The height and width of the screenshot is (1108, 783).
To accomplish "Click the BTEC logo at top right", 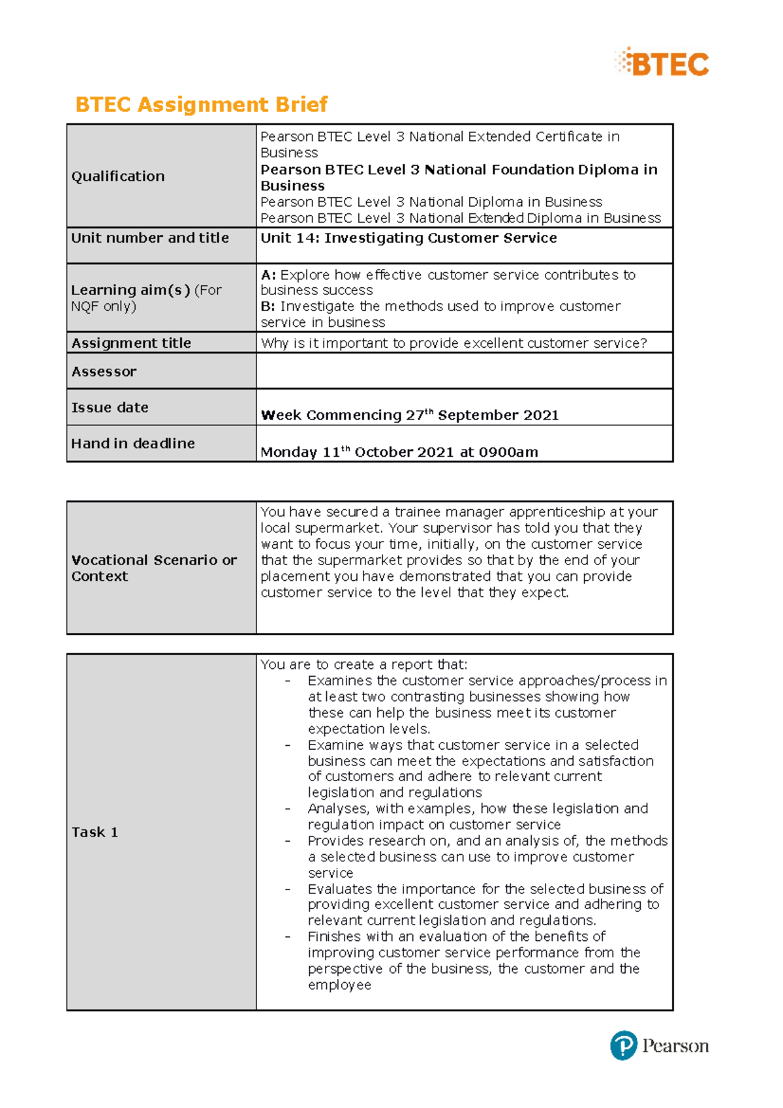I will tap(662, 63).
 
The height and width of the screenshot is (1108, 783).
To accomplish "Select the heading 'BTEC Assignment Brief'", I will tap(201, 104).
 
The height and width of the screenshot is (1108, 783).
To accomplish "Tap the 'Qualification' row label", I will tap(118, 176).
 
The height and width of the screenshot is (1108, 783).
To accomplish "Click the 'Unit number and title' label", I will tap(150, 238).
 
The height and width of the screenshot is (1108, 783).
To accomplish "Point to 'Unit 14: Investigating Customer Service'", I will tap(408, 238).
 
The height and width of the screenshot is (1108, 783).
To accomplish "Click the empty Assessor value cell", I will tap(463, 371).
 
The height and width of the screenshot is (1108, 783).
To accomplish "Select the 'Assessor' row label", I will tap(104, 372).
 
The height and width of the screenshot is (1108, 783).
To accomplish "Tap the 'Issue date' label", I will tap(110, 408).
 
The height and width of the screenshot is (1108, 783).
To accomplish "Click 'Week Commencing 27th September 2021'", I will tap(409, 416).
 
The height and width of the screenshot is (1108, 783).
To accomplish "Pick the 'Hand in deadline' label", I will tap(133, 444).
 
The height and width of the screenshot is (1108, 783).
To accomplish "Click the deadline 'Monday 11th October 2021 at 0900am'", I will tap(399, 452).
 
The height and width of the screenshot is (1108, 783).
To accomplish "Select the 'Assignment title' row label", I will tap(131, 343).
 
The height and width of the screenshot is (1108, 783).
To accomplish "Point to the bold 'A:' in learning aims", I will tap(268, 275).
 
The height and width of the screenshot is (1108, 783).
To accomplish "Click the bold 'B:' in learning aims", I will tap(268, 307).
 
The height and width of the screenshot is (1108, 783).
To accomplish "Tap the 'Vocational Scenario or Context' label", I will tap(153, 568).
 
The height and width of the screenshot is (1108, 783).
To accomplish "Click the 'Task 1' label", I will tap(95, 832).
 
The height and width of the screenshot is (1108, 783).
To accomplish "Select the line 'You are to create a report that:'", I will tap(363, 664).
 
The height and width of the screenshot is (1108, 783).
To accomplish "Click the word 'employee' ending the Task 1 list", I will tap(339, 985).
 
